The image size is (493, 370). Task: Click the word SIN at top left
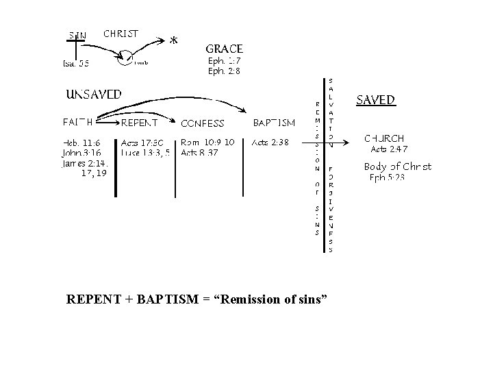pyautogui.click(x=77, y=35)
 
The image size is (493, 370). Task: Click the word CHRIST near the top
pyautogui.click(x=121, y=33)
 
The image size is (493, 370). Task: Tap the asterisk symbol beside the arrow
pyautogui.click(x=174, y=41)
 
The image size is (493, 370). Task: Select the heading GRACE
pyautogui.click(x=225, y=49)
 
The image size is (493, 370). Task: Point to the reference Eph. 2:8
pyautogui.click(x=224, y=71)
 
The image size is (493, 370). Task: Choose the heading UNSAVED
pyautogui.click(x=94, y=95)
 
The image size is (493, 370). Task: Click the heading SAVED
pyautogui.click(x=376, y=100)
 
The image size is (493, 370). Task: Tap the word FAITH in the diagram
pyautogui.click(x=78, y=123)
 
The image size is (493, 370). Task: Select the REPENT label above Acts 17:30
pyautogui.click(x=139, y=123)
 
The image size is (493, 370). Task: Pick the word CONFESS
pyautogui.click(x=202, y=124)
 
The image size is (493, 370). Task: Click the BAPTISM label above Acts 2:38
pyautogui.click(x=274, y=123)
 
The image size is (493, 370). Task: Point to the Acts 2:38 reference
pyautogui.click(x=270, y=143)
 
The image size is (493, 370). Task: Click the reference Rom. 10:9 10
pyautogui.click(x=207, y=143)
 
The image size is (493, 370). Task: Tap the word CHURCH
pyautogui.click(x=384, y=138)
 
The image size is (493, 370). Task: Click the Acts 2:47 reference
pyautogui.click(x=389, y=149)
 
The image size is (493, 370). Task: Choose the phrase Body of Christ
pyautogui.click(x=397, y=166)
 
